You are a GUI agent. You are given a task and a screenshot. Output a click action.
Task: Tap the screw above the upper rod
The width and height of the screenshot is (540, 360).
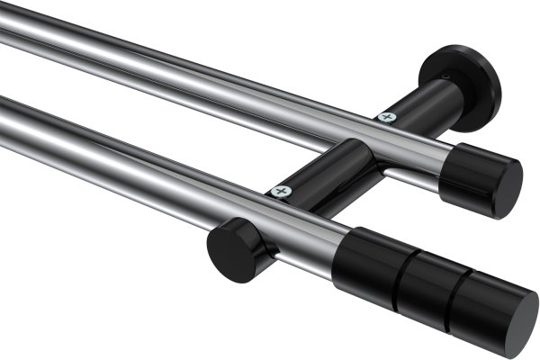click(387, 116)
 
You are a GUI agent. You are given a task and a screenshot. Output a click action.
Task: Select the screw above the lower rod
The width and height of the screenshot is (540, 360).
click(282, 192)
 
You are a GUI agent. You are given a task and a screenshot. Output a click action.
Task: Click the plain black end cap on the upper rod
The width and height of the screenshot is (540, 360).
click(481, 175)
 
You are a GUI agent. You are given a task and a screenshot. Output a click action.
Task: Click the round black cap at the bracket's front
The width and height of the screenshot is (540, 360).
click(229, 250)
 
